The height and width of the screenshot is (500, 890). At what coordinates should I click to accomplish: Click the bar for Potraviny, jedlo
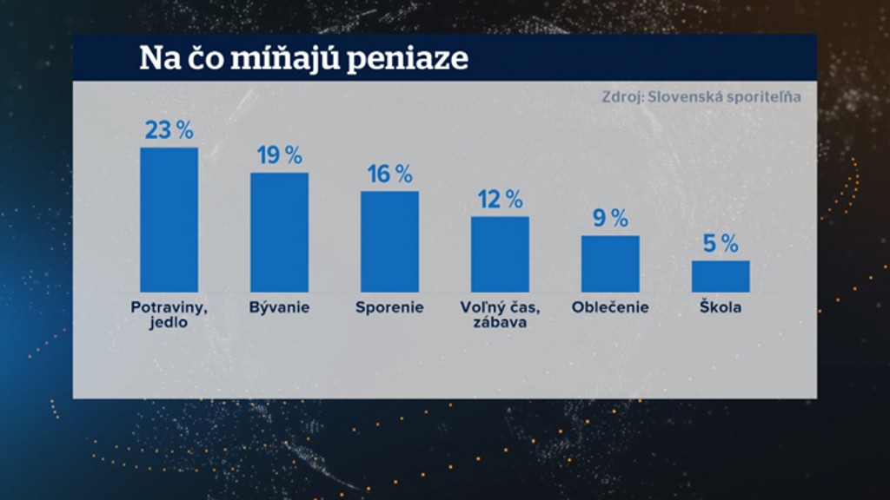(x=169, y=220)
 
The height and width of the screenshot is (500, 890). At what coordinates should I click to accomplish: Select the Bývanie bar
(x=279, y=232)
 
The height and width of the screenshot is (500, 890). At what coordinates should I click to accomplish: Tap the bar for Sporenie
(x=389, y=241)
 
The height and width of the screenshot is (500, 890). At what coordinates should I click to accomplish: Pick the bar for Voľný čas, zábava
(x=500, y=253)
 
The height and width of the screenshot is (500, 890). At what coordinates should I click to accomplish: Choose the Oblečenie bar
(x=610, y=263)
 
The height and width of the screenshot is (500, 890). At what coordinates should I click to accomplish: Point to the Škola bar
(x=721, y=276)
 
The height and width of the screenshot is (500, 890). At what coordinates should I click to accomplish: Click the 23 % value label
(x=169, y=130)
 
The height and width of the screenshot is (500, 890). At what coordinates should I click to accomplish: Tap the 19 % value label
(x=279, y=155)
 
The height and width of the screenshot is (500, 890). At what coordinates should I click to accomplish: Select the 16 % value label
(x=389, y=174)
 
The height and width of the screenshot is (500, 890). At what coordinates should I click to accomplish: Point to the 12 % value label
(x=500, y=199)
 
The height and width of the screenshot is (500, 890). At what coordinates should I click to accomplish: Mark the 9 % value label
(x=610, y=218)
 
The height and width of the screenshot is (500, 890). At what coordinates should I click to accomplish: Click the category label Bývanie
(x=279, y=307)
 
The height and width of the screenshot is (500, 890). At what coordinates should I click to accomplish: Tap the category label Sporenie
(x=389, y=307)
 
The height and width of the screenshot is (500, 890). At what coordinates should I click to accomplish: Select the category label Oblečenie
(x=610, y=307)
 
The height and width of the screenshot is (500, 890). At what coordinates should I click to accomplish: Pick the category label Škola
(x=721, y=306)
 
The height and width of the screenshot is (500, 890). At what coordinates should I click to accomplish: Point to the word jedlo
(x=168, y=323)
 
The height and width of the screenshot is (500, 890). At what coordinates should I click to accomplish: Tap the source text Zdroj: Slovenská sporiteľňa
(x=701, y=96)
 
